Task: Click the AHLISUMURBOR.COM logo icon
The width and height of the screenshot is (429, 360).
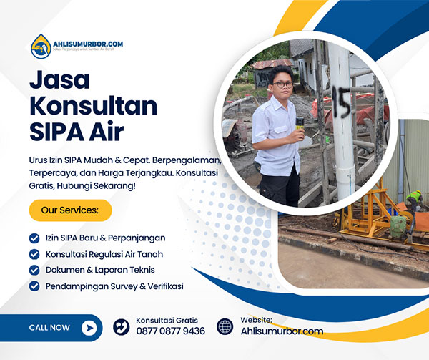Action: pos(41,47)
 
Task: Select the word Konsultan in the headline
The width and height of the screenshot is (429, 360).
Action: pos(93,106)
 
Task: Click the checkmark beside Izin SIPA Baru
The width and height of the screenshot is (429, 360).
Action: pos(34,238)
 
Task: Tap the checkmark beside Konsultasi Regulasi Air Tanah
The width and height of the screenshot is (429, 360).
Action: pos(34,254)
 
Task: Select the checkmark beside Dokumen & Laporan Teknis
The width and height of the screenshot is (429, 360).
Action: pos(34,270)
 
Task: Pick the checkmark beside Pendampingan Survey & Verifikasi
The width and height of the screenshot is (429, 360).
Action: pos(34,286)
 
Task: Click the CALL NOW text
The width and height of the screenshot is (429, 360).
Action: pos(49,328)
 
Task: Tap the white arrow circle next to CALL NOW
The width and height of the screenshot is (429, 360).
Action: pos(89,328)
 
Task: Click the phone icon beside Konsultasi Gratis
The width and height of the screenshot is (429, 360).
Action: pos(122,327)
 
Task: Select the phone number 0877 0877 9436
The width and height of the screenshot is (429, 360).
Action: pos(170,331)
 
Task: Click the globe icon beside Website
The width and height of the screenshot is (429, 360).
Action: pos(225,327)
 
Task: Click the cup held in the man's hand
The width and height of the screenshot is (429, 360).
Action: pos(300,123)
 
